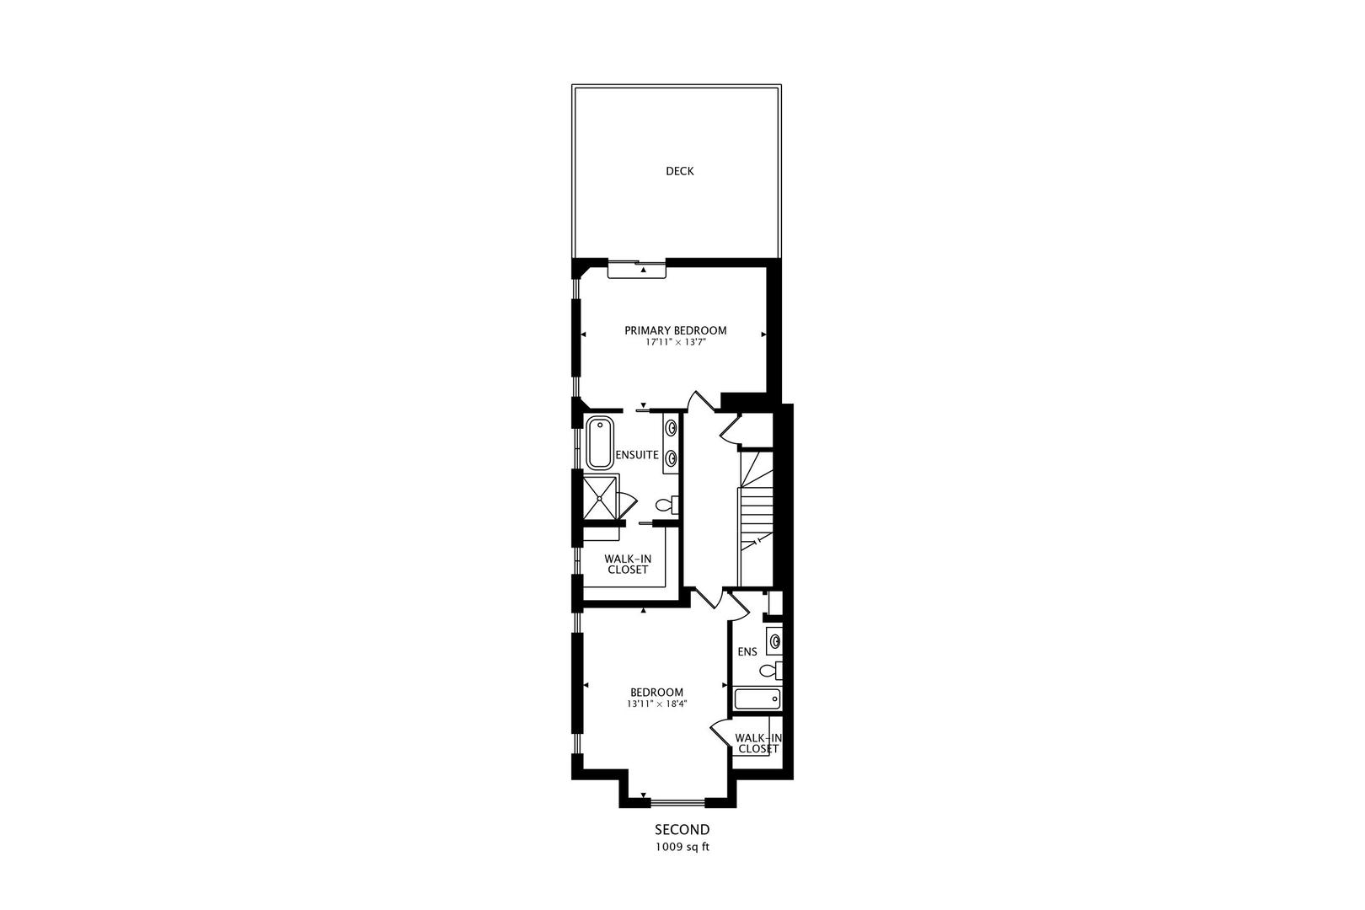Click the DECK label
point(679,171)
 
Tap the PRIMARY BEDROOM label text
point(675,330)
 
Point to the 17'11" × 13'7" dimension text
point(675,343)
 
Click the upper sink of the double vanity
point(672,427)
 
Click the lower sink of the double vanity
point(672,458)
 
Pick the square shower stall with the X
point(599,497)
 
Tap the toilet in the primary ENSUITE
point(666,506)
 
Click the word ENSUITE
point(637,455)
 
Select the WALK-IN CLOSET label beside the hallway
point(627,564)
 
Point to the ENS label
point(747,651)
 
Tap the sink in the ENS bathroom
point(774,640)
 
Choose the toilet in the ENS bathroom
point(770,671)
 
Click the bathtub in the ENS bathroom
point(757,699)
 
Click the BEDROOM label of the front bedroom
point(655,692)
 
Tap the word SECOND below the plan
point(682,830)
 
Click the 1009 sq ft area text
point(682,848)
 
